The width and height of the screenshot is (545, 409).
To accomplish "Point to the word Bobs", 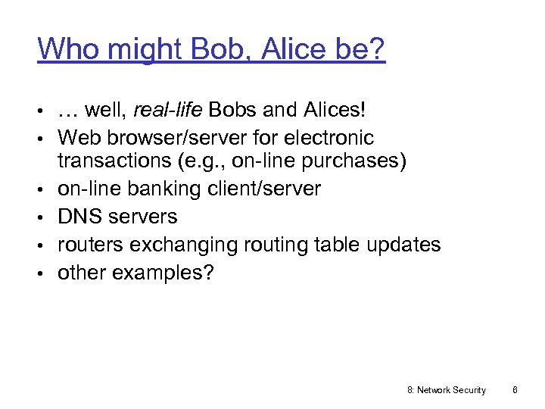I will click(235, 111).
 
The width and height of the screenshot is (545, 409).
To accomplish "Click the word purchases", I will click(357, 161).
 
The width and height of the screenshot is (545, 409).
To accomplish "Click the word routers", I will click(88, 245).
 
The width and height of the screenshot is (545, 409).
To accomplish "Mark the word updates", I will click(405, 245).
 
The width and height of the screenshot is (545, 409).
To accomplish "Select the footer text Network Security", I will click(451, 390).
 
